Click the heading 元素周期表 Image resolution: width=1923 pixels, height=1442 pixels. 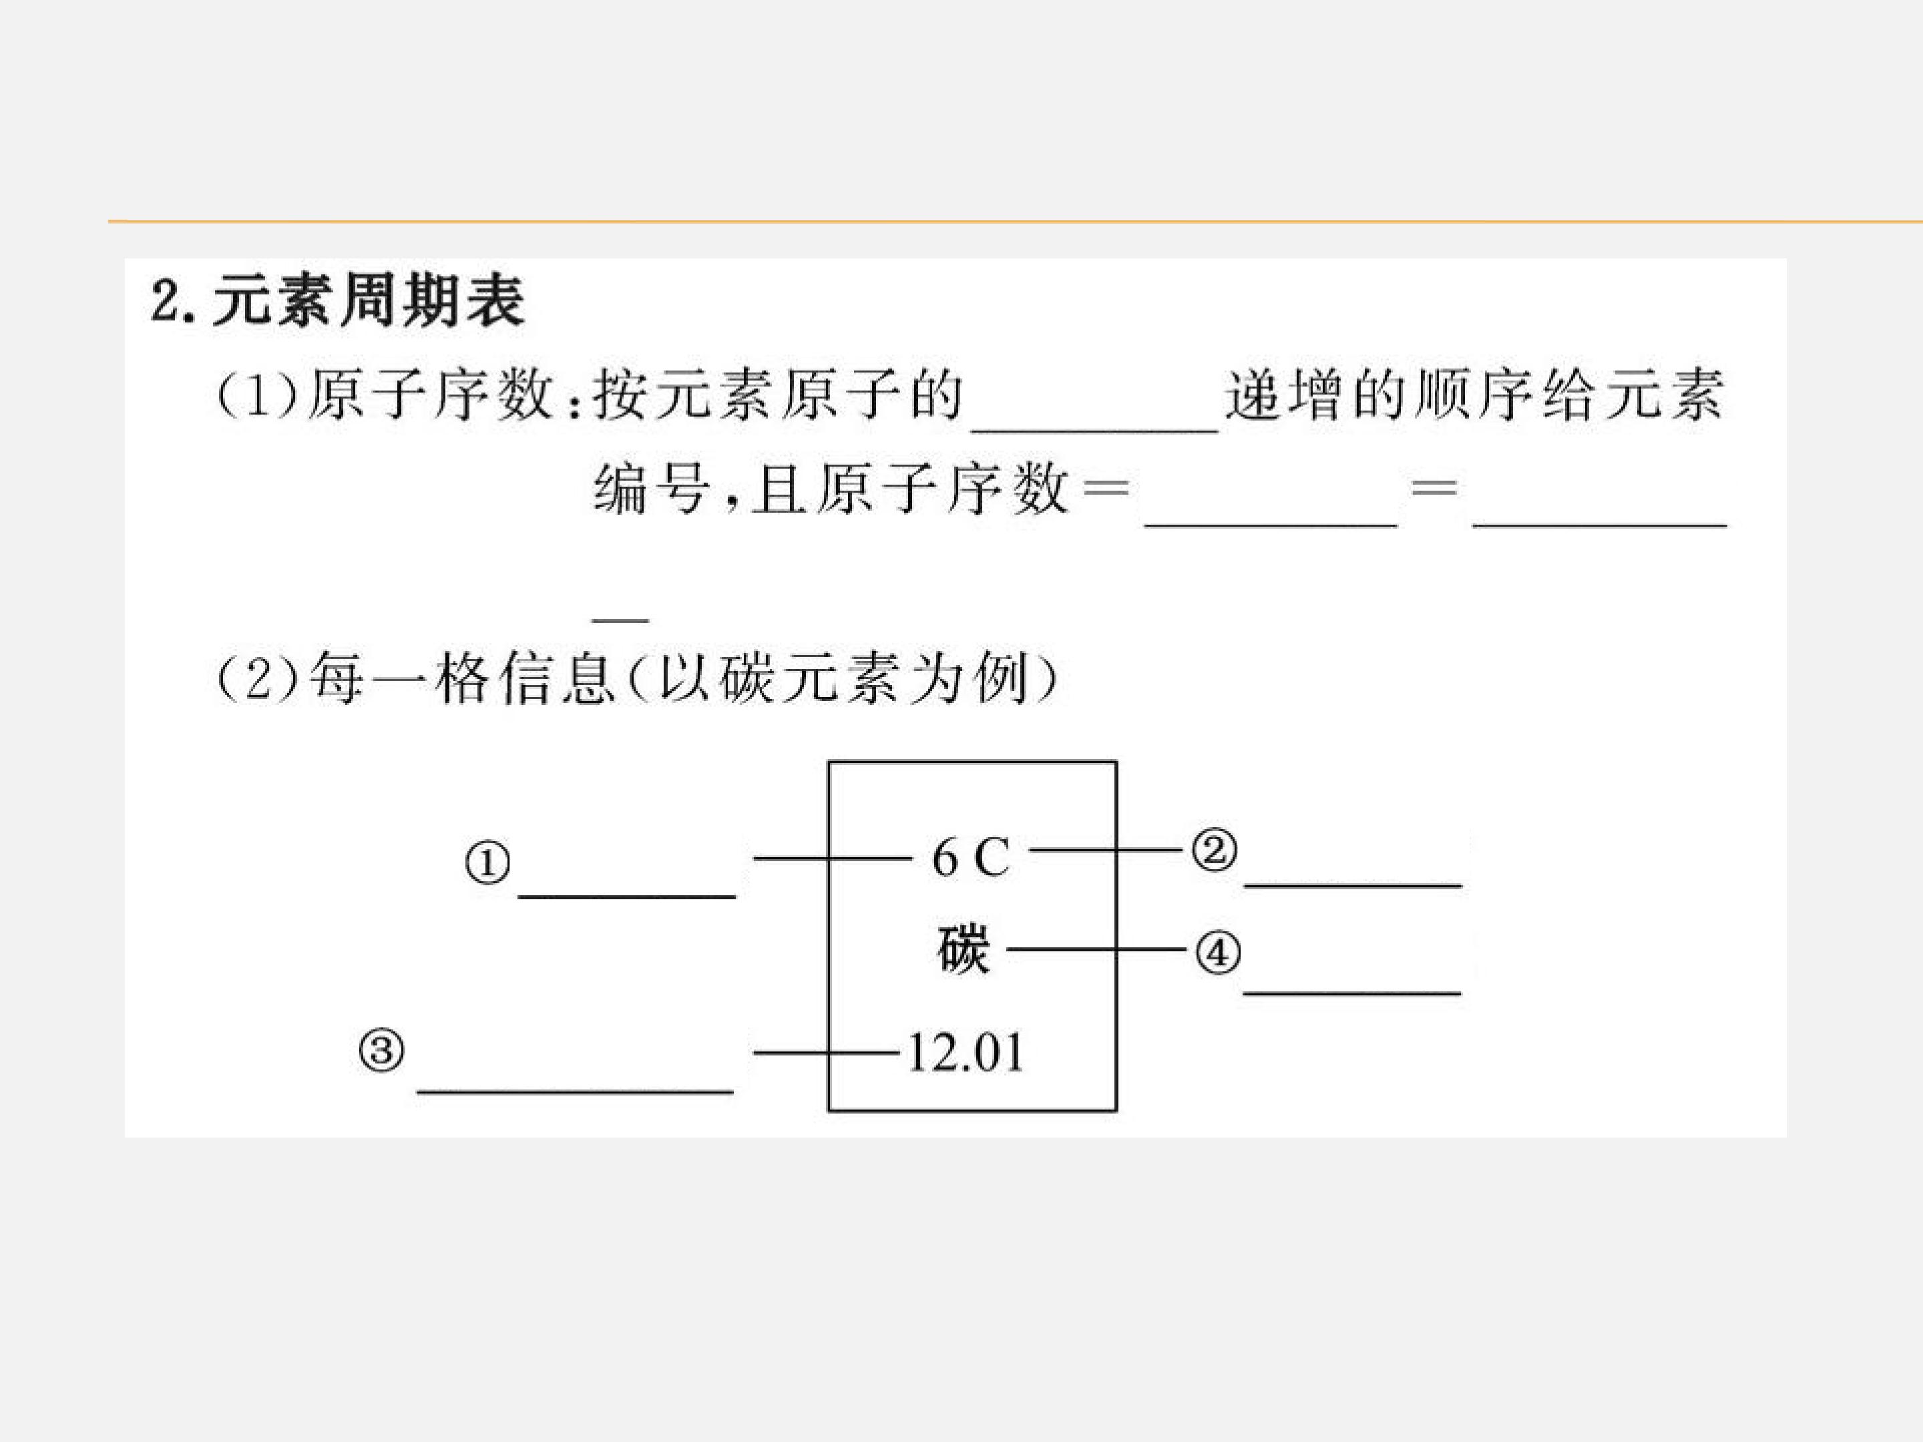pyautogui.click(x=369, y=300)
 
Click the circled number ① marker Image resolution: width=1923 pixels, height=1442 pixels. pyautogui.click(x=487, y=864)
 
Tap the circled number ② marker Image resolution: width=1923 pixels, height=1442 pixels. pyautogui.click(x=1215, y=850)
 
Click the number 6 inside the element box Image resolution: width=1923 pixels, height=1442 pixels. pyautogui.click(x=945, y=859)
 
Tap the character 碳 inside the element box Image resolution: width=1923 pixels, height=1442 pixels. pyautogui.click(x=964, y=949)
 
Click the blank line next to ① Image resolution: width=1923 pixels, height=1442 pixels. pyautogui.click(x=627, y=896)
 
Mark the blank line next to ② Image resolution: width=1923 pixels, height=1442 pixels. pyautogui.click(x=1353, y=885)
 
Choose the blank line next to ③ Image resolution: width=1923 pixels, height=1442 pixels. pyautogui.click(x=576, y=1091)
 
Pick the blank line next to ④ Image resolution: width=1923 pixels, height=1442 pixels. pyautogui.click(x=1352, y=992)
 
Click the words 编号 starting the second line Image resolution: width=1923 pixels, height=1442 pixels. pyautogui.click(x=650, y=489)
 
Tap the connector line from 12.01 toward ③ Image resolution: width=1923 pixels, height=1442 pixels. pyautogui.click(x=827, y=1053)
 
